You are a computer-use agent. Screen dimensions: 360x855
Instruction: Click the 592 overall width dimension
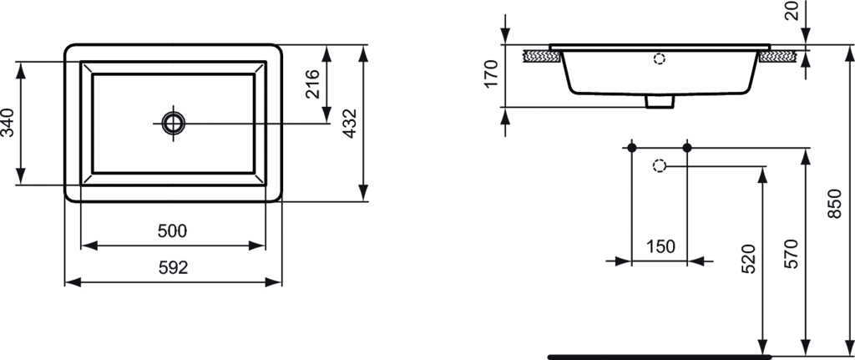[x=173, y=268]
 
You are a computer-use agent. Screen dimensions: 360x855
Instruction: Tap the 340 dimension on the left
[x=9, y=123]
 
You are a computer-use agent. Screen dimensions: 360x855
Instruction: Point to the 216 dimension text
[x=313, y=85]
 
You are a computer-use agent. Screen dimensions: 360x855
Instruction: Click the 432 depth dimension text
[x=351, y=123]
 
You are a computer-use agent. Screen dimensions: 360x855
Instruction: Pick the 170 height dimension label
[x=491, y=74]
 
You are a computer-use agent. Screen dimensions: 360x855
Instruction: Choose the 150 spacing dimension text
[x=660, y=246]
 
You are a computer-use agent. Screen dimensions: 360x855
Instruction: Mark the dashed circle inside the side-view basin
[x=660, y=58]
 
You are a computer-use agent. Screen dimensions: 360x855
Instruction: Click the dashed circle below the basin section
[x=659, y=165]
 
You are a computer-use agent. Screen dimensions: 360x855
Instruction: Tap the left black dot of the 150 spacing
[x=631, y=148]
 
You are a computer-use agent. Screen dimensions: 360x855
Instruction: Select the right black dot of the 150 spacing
[x=687, y=148]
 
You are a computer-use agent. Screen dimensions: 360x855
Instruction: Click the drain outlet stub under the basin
[x=660, y=101]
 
